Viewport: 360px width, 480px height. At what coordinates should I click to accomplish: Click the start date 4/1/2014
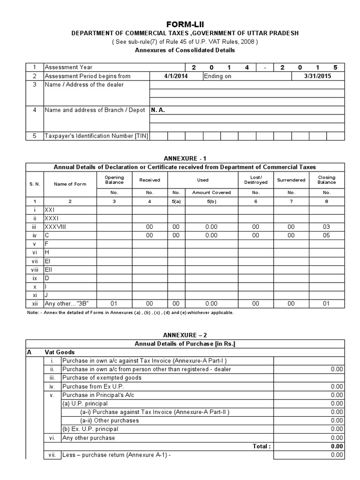click(x=176, y=76)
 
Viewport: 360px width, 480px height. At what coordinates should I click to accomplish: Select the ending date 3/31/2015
click(x=318, y=76)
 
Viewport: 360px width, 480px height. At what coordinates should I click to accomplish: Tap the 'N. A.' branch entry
click(x=158, y=110)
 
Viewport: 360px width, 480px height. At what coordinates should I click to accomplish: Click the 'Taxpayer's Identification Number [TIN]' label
click(x=96, y=136)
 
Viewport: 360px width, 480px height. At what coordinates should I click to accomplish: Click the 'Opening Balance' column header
click(x=114, y=180)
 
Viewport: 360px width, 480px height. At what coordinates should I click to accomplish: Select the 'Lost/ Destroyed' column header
click(x=256, y=180)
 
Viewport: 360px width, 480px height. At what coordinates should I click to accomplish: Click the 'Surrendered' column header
click(x=291, y=180)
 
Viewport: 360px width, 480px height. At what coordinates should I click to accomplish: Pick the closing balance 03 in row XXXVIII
click(x=327, y=227)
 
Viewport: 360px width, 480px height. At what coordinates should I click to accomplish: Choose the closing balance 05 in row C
click(x=327, y=235)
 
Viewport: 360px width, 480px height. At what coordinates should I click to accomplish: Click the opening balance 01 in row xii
click(x=114, y=304)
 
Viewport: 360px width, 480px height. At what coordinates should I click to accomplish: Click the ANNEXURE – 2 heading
click(x=185, y=335)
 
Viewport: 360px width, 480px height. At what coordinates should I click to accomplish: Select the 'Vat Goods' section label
click(x=60, y=352)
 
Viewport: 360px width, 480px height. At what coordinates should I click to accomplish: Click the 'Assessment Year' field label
click(x=68, y=67)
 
